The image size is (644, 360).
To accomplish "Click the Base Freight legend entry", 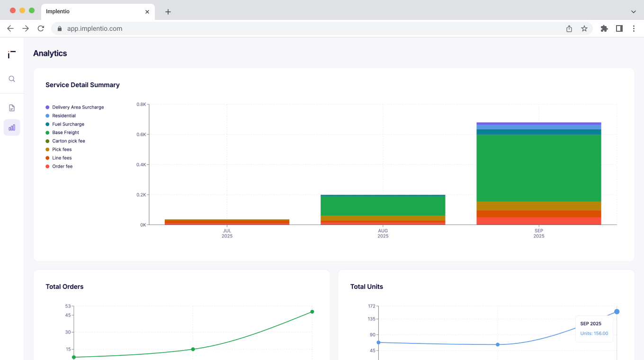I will pyautogui.click(x=65, y=133).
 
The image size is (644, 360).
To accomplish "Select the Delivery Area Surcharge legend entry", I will pyautogui.click(x=78, y=108).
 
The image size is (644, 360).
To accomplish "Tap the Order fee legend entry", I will pyautogui.click(x=62, y=167).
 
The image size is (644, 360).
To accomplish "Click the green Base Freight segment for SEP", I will pyautogui.click(x=539, y=168).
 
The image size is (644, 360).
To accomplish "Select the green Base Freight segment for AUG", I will pyautogui.click(x=383, y=206).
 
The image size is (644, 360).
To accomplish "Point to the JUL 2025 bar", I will pyautogui.click(x=227, y=222).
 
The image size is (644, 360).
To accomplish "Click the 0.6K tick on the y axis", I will pyautogui.click(x=141, y=135).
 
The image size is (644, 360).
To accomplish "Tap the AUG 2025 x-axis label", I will pyautogui.click(x=383, y=234).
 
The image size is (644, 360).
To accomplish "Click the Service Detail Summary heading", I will pyautogui.click(x=82, y=85).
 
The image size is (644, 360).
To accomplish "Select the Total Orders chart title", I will pyautogui.click(x=64, y=287).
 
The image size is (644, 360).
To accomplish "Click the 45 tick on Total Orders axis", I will pyautogui.click(x=68, y=315).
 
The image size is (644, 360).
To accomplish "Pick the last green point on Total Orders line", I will pyautogui.click(x=312, y=312).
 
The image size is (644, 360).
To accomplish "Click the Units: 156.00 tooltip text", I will pyautogui.click(x=594, y=333).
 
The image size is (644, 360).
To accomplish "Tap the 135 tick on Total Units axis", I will pyautogui.click(x=371, y=319).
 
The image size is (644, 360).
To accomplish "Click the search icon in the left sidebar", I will pyautogui.click(x=12, y=79).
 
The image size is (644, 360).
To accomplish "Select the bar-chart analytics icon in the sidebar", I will pyautogui.click(x=12, y=127).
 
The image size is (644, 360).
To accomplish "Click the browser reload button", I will pyautogui.click(x=41, y=28).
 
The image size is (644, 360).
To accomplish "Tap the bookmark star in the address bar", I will pyautogui.click(x=584, y=28).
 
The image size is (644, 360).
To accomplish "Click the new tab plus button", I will pyautogui.click(x=168, y=12).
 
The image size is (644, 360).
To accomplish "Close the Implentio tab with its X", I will pyautogui.click(x=147, y=12).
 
